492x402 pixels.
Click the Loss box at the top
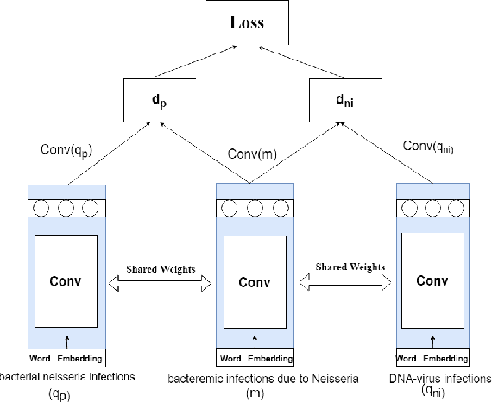[x=246, y=23]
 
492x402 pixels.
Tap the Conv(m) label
[x=250, y=154]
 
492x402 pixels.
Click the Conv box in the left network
[x=66, y=280]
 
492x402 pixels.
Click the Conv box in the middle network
[x=255, y=282]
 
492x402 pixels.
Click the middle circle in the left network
[x=66, y=207]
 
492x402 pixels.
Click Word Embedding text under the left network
[x=66, y=358]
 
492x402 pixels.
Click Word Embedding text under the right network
[x=431, y=358]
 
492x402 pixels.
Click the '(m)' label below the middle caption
[x=255, y=393]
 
